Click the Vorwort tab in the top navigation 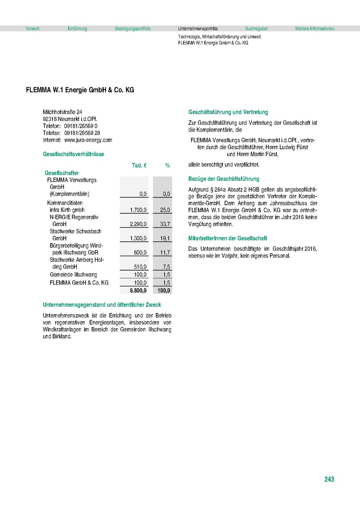coord(33,29)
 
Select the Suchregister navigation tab coord(256,29)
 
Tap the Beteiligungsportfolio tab coord(132,29)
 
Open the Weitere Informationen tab coord(315,29)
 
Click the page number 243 coord(329,479)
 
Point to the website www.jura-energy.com coord(88,140)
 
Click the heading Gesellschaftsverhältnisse coord(73,154)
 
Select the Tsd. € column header coord(139,166)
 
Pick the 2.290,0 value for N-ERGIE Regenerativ coord(138,224)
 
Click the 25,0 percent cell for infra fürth coord(165,210)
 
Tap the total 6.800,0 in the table coord(138,291)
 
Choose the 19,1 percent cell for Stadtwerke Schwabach coord(165,238)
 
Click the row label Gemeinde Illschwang coord(73,274)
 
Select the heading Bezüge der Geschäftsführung coord(224,179)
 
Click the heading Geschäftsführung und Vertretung coord(228,112)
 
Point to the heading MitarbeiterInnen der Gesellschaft coord(228,238)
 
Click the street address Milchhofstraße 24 coord(63,112)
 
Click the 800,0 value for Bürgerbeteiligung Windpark coord(140,252)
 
